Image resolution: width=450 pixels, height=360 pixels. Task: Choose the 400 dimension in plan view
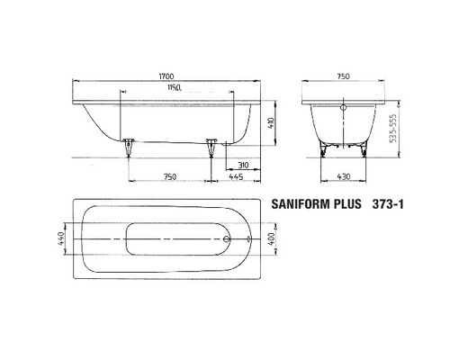pyautogui.click(x=268, y=239)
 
